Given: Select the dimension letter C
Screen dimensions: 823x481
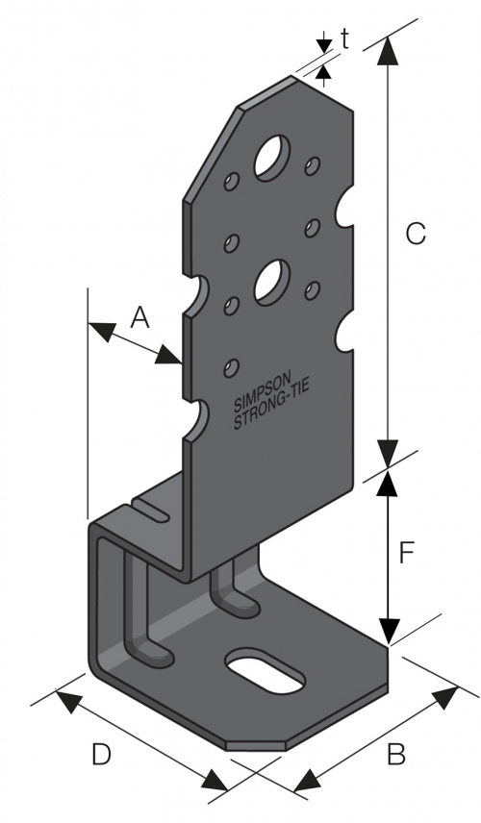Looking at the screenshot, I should click(415, 234).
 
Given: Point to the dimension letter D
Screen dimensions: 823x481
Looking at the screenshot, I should click(102, 756).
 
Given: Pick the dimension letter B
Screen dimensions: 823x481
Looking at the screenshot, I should click(395, 756).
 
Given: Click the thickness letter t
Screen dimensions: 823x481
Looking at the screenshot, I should click(343, 38).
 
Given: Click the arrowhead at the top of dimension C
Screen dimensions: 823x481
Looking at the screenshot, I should click(388, 50).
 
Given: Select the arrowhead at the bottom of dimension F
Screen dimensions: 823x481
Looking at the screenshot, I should click(388, 630).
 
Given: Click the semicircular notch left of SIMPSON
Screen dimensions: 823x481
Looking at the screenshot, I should click(196, 418).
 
